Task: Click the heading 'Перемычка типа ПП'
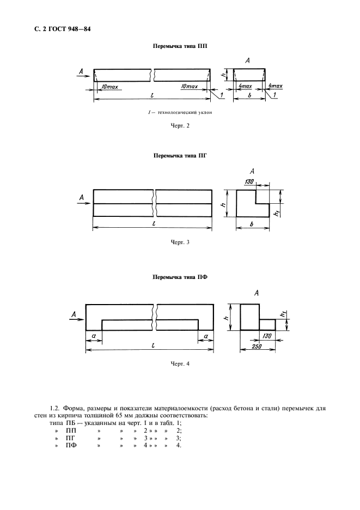click(179, 47)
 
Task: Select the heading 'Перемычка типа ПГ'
click(179, 155)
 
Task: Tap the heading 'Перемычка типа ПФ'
click(179, 277)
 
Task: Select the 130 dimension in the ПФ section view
click(267, 336)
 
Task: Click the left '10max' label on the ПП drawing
click(109, 87)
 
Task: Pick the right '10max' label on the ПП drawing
click(191, 87)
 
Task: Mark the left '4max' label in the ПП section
click(245, 87)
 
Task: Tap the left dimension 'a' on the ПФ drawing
click(94, 336)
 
